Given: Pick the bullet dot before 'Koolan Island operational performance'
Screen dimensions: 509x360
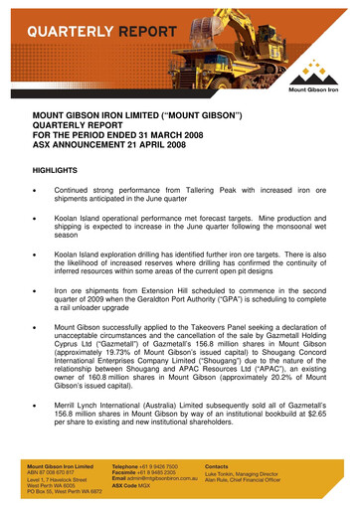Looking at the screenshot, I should coord(37,220).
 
